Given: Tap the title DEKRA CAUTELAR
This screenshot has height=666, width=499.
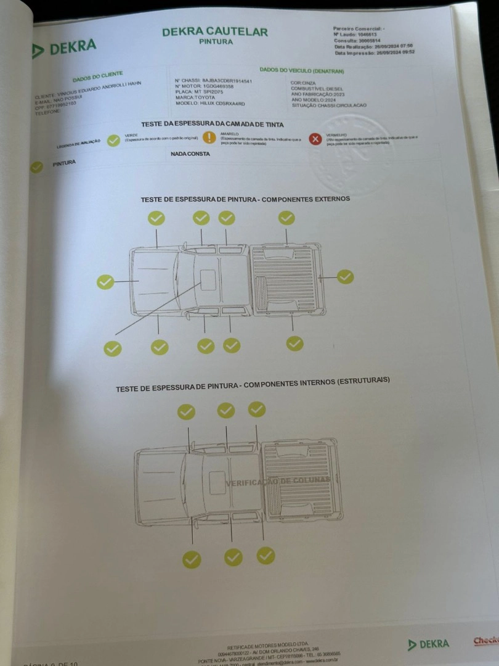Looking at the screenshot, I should point(214,31).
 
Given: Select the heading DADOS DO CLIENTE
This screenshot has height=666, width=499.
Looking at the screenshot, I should point(97,78).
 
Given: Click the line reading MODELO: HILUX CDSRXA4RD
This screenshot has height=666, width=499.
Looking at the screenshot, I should point(210,104).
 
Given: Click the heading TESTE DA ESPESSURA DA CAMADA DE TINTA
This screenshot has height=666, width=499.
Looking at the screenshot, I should point(213,125).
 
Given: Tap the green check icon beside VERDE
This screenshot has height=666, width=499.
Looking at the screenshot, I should point(113,141).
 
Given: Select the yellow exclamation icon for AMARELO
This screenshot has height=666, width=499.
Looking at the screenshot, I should point(209,138).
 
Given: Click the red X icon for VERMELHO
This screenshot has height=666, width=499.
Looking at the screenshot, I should point(315,138).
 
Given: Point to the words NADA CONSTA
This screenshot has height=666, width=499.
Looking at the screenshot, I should point(190,154).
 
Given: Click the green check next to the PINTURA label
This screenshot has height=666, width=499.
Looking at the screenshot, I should point(36,166).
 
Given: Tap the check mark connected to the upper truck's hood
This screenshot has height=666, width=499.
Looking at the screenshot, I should point(105,282).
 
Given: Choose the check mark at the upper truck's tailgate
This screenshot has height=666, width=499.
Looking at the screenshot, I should point(346,277).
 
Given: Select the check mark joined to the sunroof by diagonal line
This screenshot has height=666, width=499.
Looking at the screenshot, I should point(113,348).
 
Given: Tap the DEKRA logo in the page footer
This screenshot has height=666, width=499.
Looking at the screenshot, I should point(429,644).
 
